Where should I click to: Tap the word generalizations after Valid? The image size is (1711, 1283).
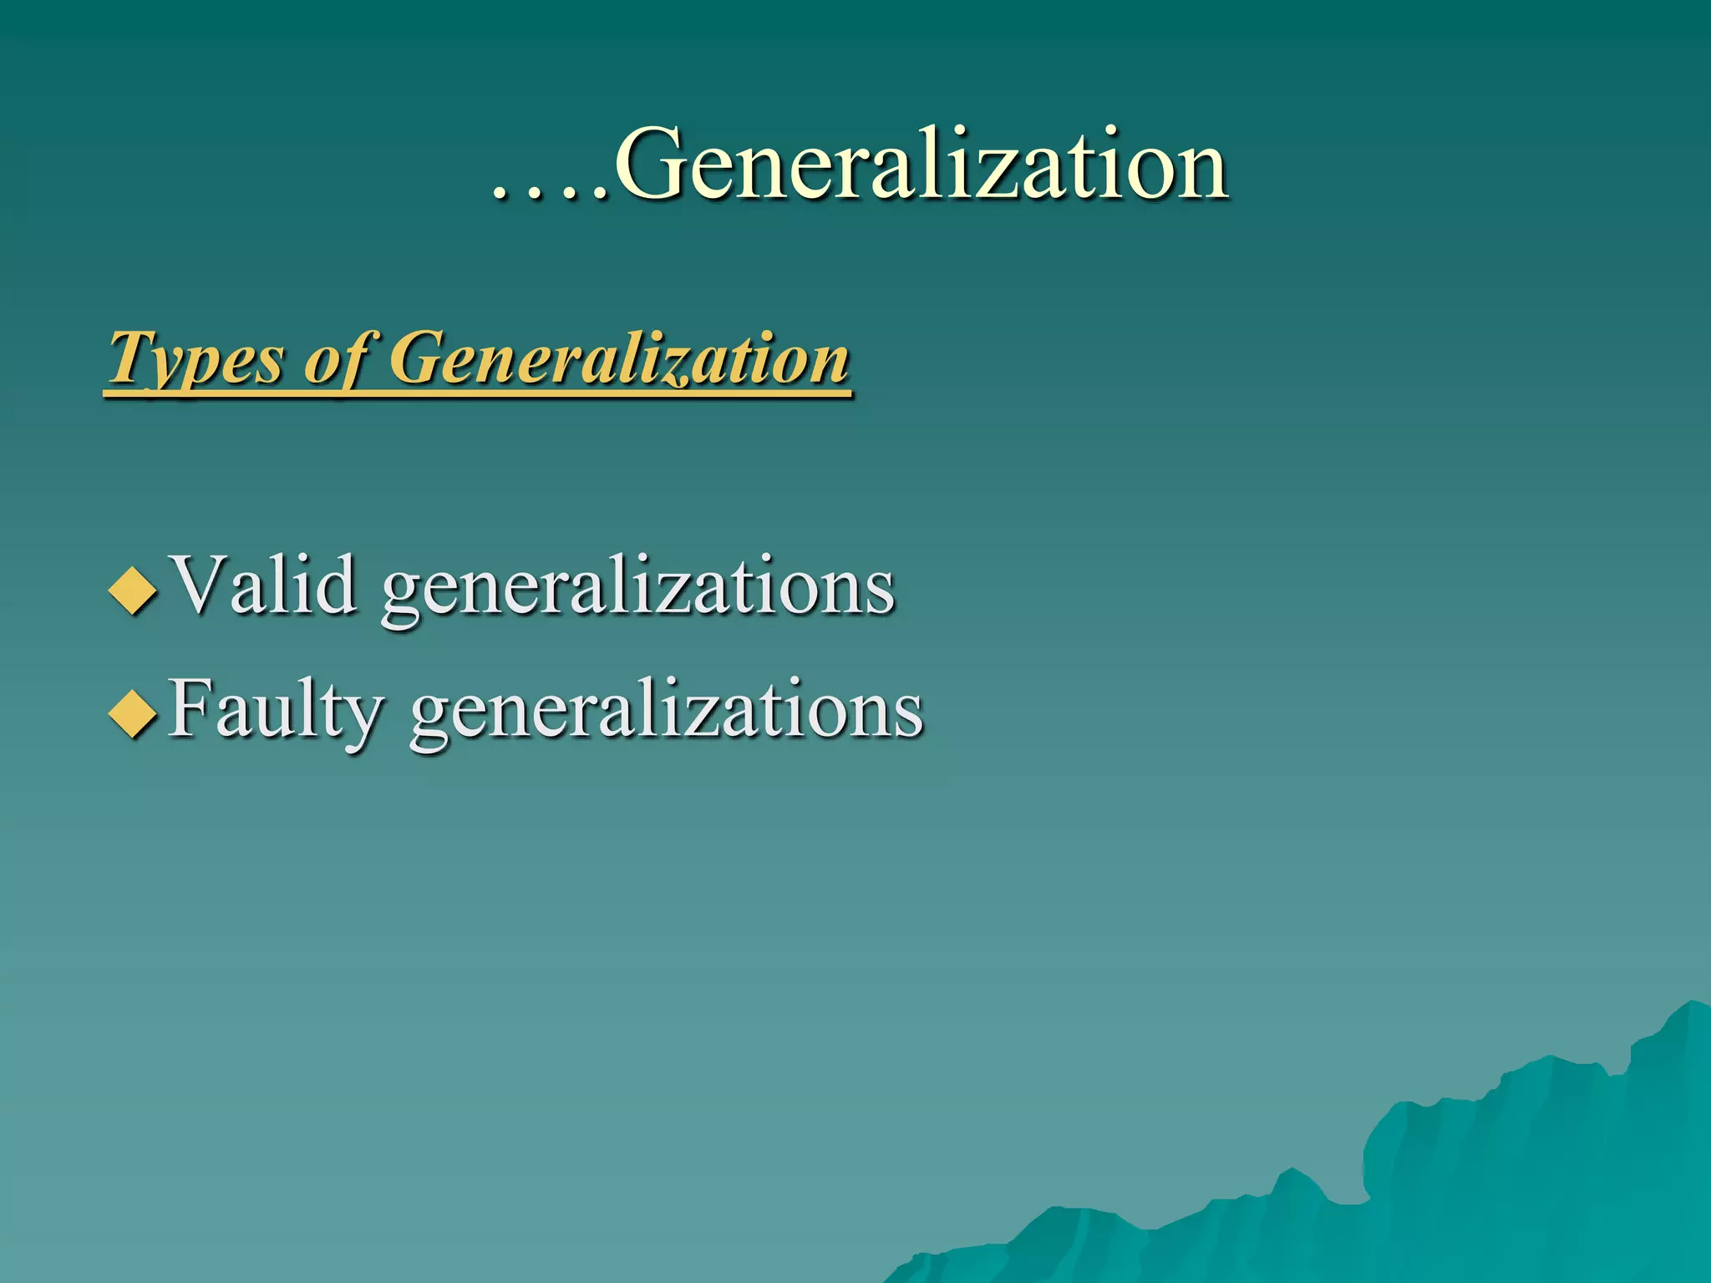pos(638,588)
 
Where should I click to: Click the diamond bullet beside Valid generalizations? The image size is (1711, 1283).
pos(133,591)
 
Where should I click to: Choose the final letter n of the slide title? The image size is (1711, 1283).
pos(1200,174)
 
